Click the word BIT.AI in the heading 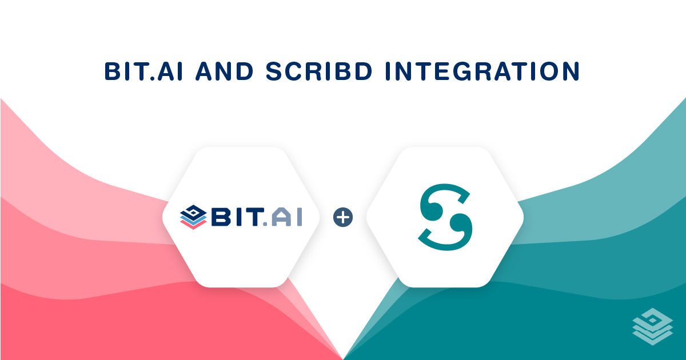pyautogui.click(x=143, y=71)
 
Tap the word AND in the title pyautogui.click(x=225, y=71)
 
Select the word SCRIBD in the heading pyautogui.click(x=319, y=71)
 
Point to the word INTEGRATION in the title pyautogui.click(x=482, y=71)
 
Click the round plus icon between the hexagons pyautogui.click(x=343, y=217)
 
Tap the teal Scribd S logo pyautogui.click(x=445, y=217)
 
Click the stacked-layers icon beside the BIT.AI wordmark pyautogui.click(x=193, y=217)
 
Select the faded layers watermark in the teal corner pyautogui.click(x=653, y=327)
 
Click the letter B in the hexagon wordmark pyautogui.click(x=221, y=217)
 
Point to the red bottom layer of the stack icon pyautogui.click(x=193, y=225)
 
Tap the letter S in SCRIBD pyautogui.click(x=275, y=71)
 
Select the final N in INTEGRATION pyautogui.click(x=571, y=71)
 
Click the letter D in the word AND pyautogui.click(x=244, y=71)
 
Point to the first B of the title pyautogui.click(x=113, y=71)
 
